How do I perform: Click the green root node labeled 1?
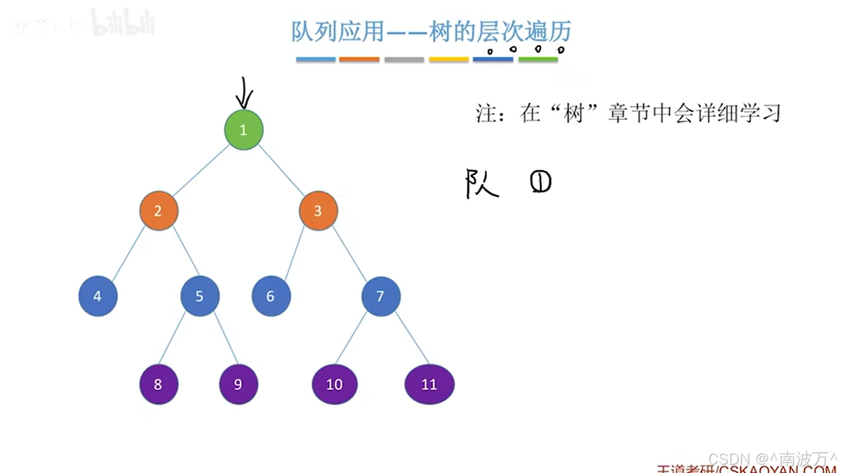(243, 130)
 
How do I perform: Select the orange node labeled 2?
(158, 211)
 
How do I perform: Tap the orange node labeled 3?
(318, 211)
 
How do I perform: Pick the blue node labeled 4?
(98, 296)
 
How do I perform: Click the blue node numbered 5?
(199, 296)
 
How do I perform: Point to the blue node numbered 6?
(271, 296)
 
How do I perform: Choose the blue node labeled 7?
(381, 296)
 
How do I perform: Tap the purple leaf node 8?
(158, 384)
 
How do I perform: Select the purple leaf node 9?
(238, 384)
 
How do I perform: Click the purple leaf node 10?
(335, 384)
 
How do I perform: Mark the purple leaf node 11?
(429, 384)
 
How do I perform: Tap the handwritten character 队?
(481, 184)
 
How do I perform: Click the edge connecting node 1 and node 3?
(281, 170)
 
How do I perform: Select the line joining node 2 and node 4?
(128, 253)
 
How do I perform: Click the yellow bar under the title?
(449, 60)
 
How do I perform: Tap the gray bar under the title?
(404, 60)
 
